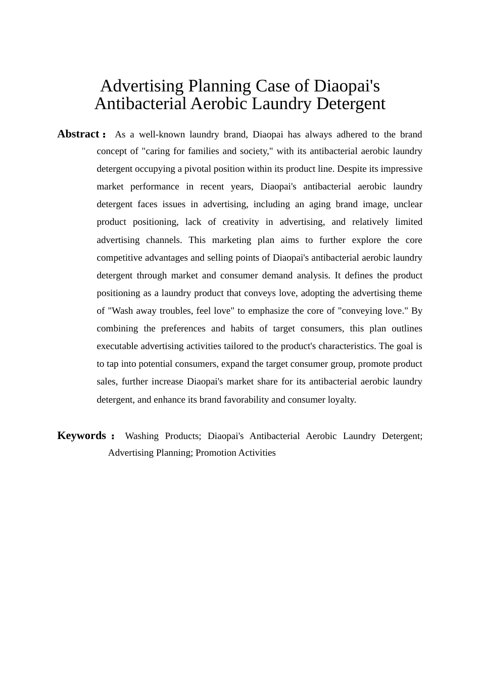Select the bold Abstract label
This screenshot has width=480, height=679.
coord(78,134)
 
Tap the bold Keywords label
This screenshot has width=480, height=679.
coord(81,435)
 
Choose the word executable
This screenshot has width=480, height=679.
coord(117,346)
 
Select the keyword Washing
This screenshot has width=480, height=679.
coord(141,436)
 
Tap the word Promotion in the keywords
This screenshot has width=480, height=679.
coord(215,453)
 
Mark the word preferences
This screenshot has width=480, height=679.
coord(183,328)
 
